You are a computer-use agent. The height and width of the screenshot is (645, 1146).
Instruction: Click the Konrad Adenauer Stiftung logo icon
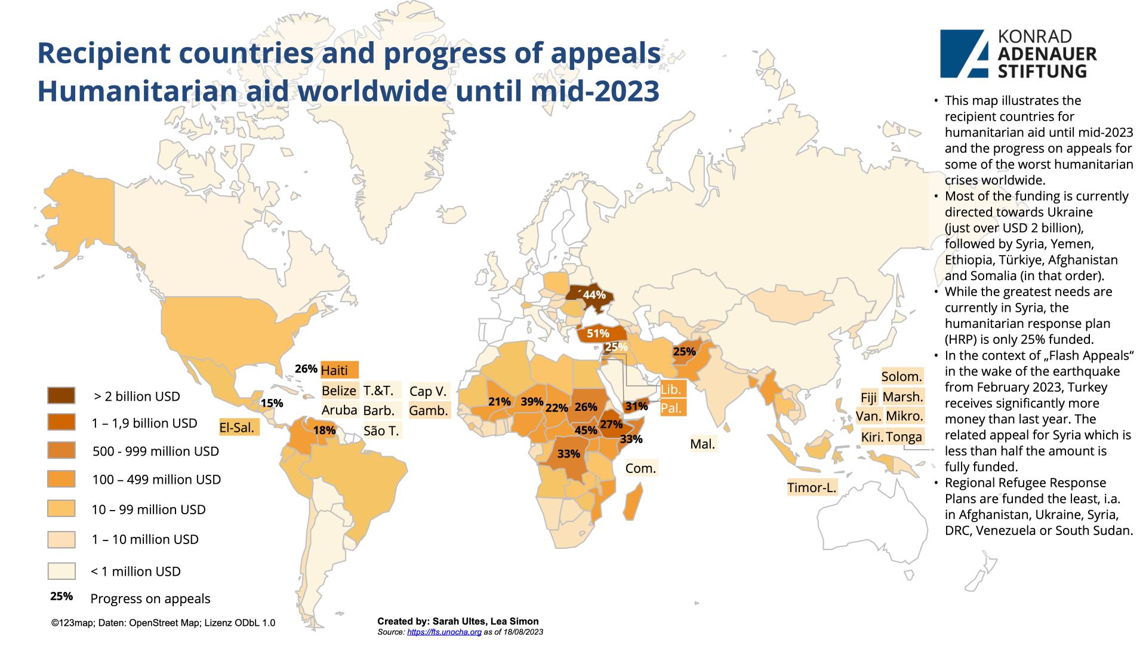[963, 54]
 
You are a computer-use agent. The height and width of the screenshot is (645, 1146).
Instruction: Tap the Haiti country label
[339, 370]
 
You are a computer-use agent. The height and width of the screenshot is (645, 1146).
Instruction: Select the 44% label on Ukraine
[594, 295]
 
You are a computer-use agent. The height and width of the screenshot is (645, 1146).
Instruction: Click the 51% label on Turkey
[597, 334]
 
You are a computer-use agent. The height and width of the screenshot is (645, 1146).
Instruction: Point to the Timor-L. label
[811, 488]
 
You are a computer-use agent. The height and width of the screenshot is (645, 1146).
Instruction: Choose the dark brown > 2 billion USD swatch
[61, 396]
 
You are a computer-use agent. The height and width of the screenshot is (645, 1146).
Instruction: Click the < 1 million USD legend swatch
[61, 571]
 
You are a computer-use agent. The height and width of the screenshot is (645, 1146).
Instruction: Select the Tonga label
[904, 437]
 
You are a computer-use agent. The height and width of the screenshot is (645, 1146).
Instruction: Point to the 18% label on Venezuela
[324, 430]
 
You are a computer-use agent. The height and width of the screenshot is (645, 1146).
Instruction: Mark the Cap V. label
[428, 392]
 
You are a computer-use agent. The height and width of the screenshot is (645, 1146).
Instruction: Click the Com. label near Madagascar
[640, 469]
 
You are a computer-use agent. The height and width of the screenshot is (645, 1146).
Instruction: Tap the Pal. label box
[671, 409]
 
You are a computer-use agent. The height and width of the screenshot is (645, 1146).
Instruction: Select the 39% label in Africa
[531, 402]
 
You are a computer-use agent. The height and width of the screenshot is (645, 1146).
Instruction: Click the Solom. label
[901, 377]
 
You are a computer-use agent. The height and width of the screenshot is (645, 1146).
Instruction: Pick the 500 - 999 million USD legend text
[156, 451]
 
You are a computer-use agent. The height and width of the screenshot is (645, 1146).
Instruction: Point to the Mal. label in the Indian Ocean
[702, 444]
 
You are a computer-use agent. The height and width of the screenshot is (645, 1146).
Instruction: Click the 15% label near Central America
[272, 403]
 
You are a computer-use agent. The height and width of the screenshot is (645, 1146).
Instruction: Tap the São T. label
[381, 431]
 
